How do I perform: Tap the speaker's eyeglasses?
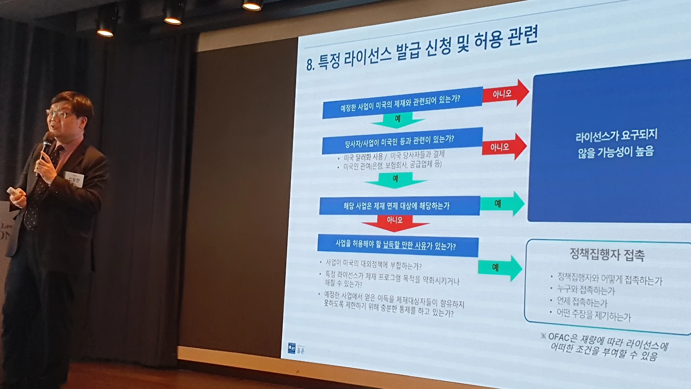60,114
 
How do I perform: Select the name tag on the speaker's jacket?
73,178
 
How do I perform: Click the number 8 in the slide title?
310,64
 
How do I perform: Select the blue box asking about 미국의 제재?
402,103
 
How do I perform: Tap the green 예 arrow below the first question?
397,119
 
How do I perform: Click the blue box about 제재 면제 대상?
399,205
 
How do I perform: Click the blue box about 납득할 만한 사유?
397,246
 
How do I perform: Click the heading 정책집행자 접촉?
607,254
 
